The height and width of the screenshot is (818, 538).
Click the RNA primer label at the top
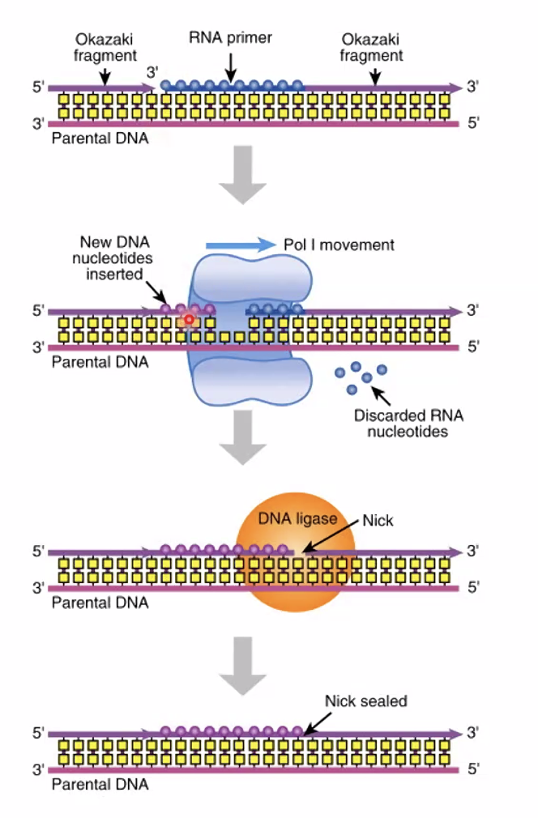231,37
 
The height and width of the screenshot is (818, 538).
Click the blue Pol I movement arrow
241,245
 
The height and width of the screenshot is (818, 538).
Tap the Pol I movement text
339,245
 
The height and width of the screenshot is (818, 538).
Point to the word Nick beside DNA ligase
378,521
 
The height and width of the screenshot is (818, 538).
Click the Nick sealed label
365,701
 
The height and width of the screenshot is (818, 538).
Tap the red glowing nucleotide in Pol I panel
189,321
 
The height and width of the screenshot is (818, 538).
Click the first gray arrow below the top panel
242,174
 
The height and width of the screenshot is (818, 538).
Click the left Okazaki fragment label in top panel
104,47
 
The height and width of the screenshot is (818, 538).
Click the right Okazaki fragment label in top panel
371,47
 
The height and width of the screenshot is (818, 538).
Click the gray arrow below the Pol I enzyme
242,437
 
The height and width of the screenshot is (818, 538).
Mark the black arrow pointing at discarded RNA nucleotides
380,394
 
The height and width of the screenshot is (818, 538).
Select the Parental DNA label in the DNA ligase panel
100,603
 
